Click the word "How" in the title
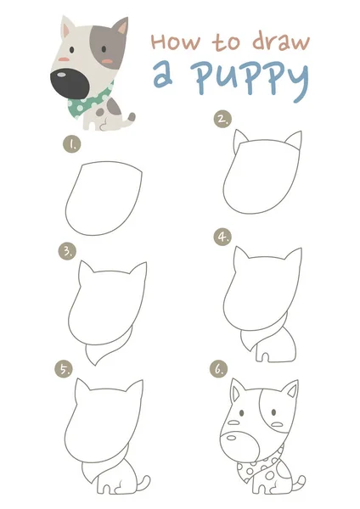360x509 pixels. click(x=176, y=42)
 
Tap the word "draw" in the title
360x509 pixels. click(x=281, y=42)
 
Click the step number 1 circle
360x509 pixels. click(x=72, y=144)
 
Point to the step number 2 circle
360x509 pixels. click(x=223, y=119)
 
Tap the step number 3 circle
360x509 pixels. click(x=67, y=252)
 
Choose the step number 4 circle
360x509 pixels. click(x=223, y=237)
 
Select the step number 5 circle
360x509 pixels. click(x=64, y=369)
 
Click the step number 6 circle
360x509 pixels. click(x=219, y=369)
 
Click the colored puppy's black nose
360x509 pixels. click(x=69, y=83)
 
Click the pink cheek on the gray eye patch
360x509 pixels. click(x=107, y=61)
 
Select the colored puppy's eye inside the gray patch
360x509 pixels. click(x=104, y=49)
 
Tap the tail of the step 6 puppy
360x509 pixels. click(x=299, y=484)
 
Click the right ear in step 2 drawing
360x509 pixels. click(x=294, y=139)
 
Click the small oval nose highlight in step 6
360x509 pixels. click(x=231, y=438)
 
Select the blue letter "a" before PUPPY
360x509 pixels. click(x=162, y=76)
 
